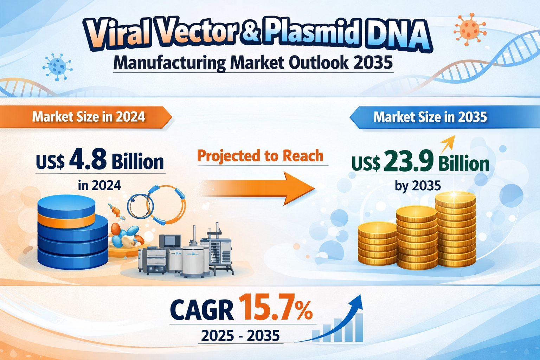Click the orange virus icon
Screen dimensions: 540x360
pos(469,30)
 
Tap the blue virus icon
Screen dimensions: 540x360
pos(57,67)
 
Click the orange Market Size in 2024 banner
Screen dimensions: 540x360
pos(86,117)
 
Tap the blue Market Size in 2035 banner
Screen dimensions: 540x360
pos(444,117)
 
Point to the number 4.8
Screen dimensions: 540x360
pos(88,160)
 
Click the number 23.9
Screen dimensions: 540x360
pos(409,161)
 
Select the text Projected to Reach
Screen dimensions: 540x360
pos(260,155)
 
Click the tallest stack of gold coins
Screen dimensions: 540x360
pos(456,229)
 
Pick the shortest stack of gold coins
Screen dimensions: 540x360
pos(377,244)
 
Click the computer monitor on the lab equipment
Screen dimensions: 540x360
pos(170,241)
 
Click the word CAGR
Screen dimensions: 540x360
pos(201,310)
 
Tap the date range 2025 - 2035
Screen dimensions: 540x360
pos(240,335)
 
